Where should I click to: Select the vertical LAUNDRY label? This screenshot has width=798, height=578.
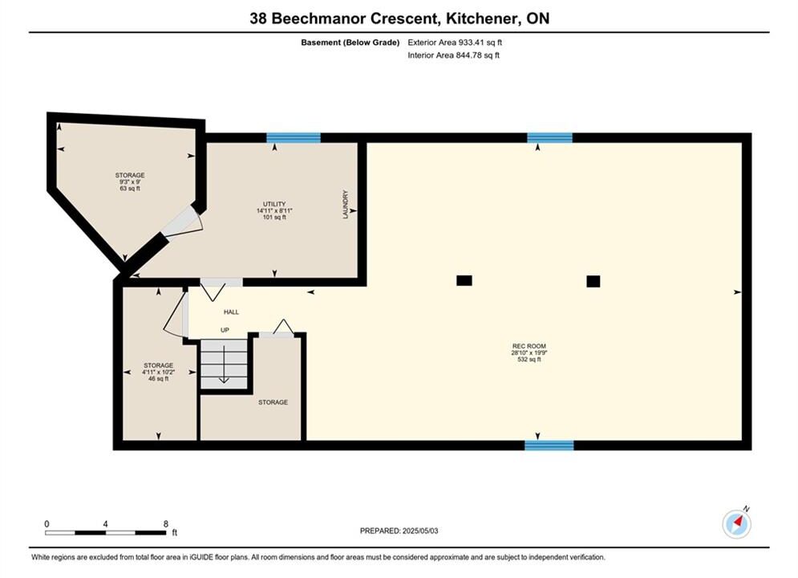(x=346, y=205)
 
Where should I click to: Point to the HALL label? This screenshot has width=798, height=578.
(x=231, y=312)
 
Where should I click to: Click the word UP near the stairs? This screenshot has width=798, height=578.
(x=225, y=330)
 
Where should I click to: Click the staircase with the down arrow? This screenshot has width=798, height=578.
(x=224, y=364)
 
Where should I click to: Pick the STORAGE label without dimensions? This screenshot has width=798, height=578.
(x=273, y=402)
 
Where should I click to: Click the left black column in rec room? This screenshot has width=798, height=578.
(x=464, y=280)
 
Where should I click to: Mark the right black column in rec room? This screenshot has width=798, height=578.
(x=593, y=281)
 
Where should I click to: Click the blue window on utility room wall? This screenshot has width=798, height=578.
(x=294, y=137)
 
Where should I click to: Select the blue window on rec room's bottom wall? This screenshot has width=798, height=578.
(x=549, y=446)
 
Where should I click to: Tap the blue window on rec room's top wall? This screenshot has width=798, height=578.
(x=549, y=137)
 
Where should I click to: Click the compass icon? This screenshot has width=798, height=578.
(x=736, y=523)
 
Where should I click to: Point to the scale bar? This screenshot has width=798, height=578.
(x=105, y=533)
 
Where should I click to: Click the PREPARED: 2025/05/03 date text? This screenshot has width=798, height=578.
(x=399, y=531)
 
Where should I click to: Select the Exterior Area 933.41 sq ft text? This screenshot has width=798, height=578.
(x=455, y=43)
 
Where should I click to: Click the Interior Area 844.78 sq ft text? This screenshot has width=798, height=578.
(x=453, y=55)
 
